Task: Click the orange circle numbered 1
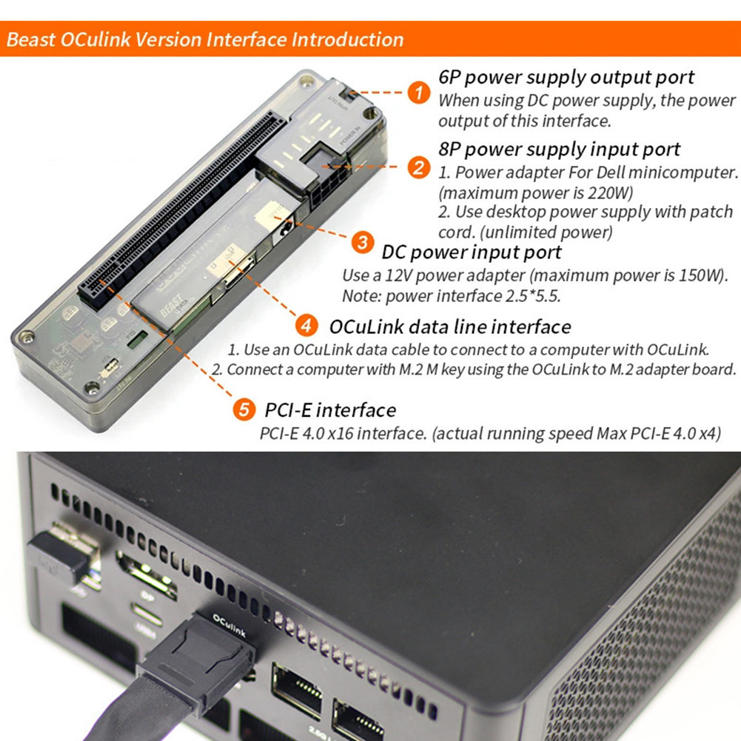pyautogui.click(x=419, y=93)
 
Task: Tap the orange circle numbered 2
pyautogui.click(x=419, y=167)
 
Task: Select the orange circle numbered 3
pyautogui.click(x=363, y=242)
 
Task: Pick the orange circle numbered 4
pyautogui.click(x=306, y=326)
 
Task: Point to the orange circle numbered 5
pyautogui.click(x=244, y=409)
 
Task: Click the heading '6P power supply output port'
pyautogui.click(x=566, y=77)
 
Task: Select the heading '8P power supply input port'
pyautogui.click(x=559, y=149)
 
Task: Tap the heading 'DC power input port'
pyautogui.click(x=472, y=252)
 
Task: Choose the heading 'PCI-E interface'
pyautogui.click(x=329, y=409)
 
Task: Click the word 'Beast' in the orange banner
pyautogui.click(x=30, y=39)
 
